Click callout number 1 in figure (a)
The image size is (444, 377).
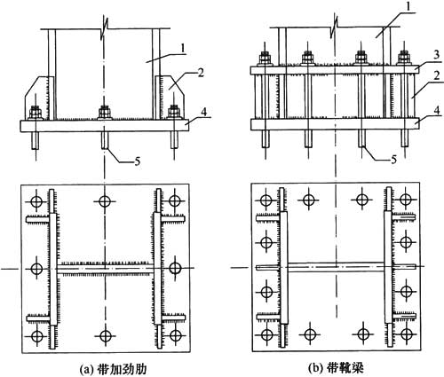tap(183, 49)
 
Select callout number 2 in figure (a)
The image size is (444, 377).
tap(201, 73)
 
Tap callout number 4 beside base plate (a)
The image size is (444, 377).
tap(203, 112)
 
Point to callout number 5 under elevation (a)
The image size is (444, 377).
tap(137, 161)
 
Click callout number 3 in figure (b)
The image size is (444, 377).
tap(435, 56)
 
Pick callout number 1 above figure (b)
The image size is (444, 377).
tap(408, 6)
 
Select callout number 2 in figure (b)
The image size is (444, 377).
tap(436, 76)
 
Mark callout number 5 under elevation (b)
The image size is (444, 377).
tap(393, 160)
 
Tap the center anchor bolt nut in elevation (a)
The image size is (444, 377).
tap(105, 113)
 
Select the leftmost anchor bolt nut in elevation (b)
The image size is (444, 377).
tap(266, 58)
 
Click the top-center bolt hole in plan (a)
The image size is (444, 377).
tap(105, 201)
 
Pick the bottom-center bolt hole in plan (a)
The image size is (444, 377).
tap(105, 335)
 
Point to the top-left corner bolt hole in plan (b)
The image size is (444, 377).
tap(266, 200)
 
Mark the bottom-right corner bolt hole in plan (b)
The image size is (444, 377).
tap(405, 334)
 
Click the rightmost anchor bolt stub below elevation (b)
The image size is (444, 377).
tap(405, 138)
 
